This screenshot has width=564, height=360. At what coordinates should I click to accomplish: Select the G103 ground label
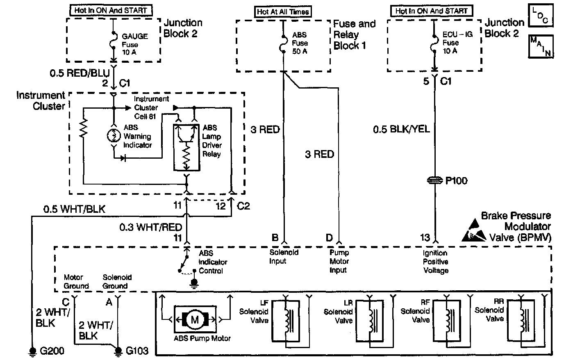(137, 351)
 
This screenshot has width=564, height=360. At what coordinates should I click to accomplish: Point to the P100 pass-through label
(456, 180)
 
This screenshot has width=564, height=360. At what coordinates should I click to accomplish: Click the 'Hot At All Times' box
(283, 11)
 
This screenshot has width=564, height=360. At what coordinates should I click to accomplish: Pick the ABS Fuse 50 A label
(300, 43)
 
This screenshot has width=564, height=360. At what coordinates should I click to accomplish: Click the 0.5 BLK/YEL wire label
(401, 130)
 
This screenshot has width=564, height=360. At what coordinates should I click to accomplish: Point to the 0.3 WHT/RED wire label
(151, 227)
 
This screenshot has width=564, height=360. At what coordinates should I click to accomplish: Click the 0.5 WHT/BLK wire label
(74, 209)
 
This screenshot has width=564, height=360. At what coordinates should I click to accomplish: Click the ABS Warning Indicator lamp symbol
(113, 136)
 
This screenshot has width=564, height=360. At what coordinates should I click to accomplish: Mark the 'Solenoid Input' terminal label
(284, 257)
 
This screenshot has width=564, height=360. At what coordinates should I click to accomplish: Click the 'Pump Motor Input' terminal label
(339, 261)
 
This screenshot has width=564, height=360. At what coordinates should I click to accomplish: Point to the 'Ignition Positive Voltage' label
(435, 262)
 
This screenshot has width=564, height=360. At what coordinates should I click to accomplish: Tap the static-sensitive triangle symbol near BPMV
(475, 232)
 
